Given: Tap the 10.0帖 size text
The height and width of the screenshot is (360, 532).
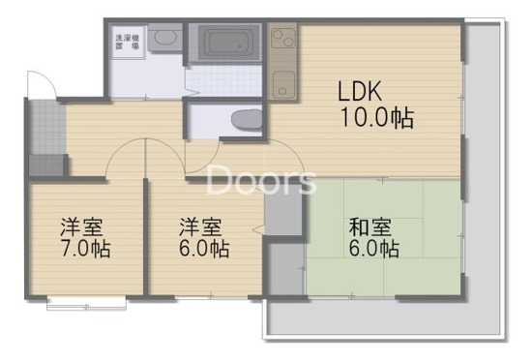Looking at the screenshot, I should pos(376,119).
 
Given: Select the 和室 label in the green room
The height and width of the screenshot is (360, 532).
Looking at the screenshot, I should pos(372,227).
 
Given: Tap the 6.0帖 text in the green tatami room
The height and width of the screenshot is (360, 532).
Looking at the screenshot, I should pos(374,250).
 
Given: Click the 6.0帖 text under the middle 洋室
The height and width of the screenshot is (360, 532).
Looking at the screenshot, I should pos(203,249).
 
